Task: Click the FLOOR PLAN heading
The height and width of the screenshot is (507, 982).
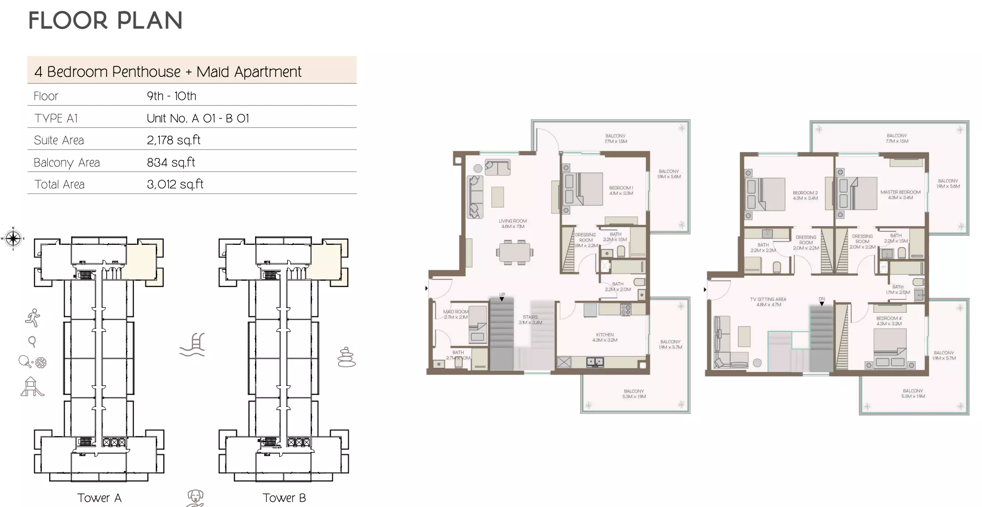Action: [105, 21]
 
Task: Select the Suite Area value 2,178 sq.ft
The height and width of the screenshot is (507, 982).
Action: [174, 140]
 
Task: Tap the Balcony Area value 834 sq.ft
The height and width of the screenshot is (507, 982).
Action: [171, 162]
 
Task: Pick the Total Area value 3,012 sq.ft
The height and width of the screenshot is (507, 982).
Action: [175, 184]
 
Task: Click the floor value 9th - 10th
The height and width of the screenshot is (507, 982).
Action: [171, 96]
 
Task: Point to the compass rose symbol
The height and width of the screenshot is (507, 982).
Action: [13, 238]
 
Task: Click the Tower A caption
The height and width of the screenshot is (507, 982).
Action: [99, 498]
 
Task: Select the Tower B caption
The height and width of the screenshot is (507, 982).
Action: [284, 498]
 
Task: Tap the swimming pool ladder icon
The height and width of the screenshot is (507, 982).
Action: [193, 345]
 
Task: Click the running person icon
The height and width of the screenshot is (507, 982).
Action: [33, 318]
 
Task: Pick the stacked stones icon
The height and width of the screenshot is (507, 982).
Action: [346, 357]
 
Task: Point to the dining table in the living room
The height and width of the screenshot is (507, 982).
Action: [515, 252]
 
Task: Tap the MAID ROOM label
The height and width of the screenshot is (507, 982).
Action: [455, 312]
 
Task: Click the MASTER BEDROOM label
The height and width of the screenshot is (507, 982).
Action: [900, 192]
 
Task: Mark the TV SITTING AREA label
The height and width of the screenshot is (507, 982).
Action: [768, 299]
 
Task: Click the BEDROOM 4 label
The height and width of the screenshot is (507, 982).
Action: [889, 319]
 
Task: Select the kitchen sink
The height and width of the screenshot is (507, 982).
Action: [595, 362]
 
